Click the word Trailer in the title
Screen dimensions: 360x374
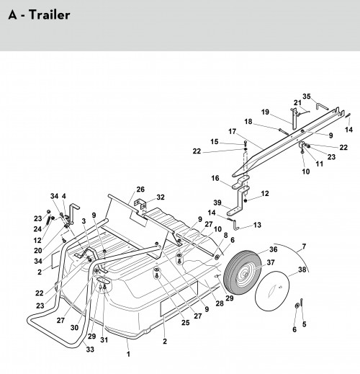pyautogui.click(x=50, y=15)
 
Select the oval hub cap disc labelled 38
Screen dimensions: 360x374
pyautogui.click(x=272, y=291)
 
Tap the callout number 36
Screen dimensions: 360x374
pyautogui.click(x=274, y=249)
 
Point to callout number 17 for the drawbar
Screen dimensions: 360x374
pyautogui.click(x=232, y=132)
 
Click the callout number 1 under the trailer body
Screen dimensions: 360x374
pyautogui.click(x=128, y=354)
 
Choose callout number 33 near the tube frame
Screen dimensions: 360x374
pyautogui.click(x=90, y=349)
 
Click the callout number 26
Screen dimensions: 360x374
pyautogui.click(x=140, y=190)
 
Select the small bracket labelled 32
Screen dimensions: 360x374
pyautogui.click(x=140, y=204)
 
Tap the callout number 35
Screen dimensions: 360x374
pyautogui.click(x=307, y=97)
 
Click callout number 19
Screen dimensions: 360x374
pyautogui.click(x=265, y=112)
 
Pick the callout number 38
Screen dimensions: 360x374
pyautogui.click(x=302, y=270)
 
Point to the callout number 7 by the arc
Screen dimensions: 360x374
pyautogui.click(x=304, y=246)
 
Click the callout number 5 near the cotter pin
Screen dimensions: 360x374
pyautogui.click(x=304, y=324)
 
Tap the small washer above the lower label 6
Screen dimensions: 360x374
pyautogui.click(x=297, y=305)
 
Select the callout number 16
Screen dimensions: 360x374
pyautogui.click(x=215, y=178)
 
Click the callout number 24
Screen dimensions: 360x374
pyautogui.click(x=37, y=229)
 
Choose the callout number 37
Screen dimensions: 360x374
pyautogui.click(x=271, y=262)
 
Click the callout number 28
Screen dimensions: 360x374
pyautogui.click(x=220, y=303)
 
